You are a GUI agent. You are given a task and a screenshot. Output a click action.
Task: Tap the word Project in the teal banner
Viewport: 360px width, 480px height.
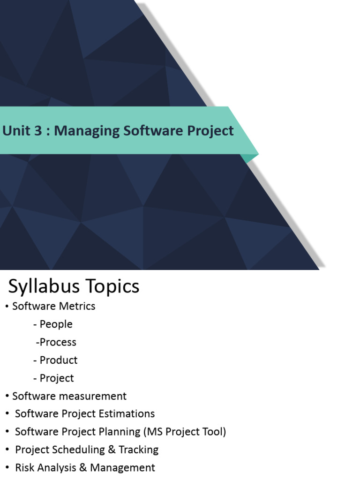point(210,131)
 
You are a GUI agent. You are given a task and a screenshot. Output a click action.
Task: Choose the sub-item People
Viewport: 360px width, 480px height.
point(56,324)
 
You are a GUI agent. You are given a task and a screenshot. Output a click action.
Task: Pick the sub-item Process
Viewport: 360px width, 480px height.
point(58,342)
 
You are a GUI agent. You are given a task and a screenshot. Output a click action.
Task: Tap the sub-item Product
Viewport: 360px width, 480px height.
point(59,360)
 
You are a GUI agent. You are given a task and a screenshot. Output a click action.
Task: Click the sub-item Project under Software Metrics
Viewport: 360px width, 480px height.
point(57,378)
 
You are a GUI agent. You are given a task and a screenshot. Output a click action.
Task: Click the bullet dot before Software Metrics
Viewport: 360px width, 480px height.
point(7,307)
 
